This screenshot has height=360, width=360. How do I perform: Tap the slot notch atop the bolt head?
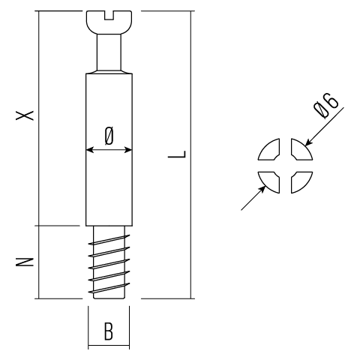point(109,13)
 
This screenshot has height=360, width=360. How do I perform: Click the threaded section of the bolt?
point(109,262)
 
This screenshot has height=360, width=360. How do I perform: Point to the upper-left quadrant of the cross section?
point(268,152)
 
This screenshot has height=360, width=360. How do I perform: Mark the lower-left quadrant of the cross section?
point(268,182)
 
